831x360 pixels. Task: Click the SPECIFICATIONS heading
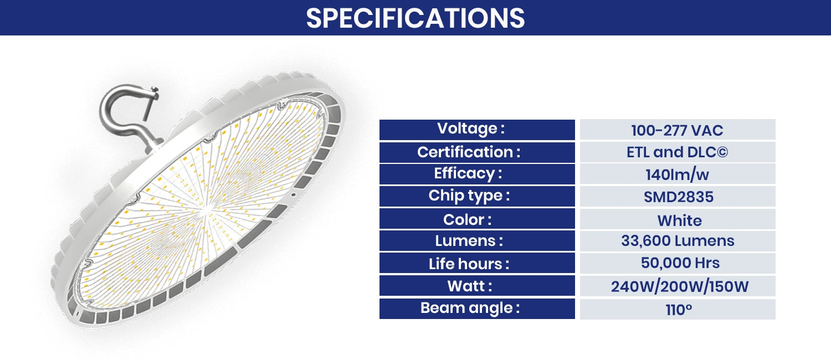point(416,18)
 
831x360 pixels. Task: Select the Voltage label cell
point(477,130)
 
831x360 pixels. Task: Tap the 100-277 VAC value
point(677,131)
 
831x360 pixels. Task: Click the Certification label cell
point(477,152)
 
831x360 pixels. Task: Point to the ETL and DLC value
point(677,152)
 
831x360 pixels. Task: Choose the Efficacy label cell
point(477,174)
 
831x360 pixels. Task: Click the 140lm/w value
point(677,175)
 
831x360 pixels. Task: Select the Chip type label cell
point(477,196)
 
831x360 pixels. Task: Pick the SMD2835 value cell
point(677,197)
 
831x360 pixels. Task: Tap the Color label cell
point(477,219)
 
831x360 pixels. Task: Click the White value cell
point(677,220)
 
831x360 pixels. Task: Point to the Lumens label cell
point(477,241)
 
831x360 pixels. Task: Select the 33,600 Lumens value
point(677,241)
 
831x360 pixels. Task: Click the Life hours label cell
point(477,264)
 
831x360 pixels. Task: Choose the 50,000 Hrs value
point(677,263)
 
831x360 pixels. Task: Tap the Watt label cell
point(477,286)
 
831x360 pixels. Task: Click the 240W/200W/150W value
point(677,286)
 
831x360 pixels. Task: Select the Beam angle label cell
point(477,308)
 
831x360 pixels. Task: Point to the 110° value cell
point(677,310)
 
